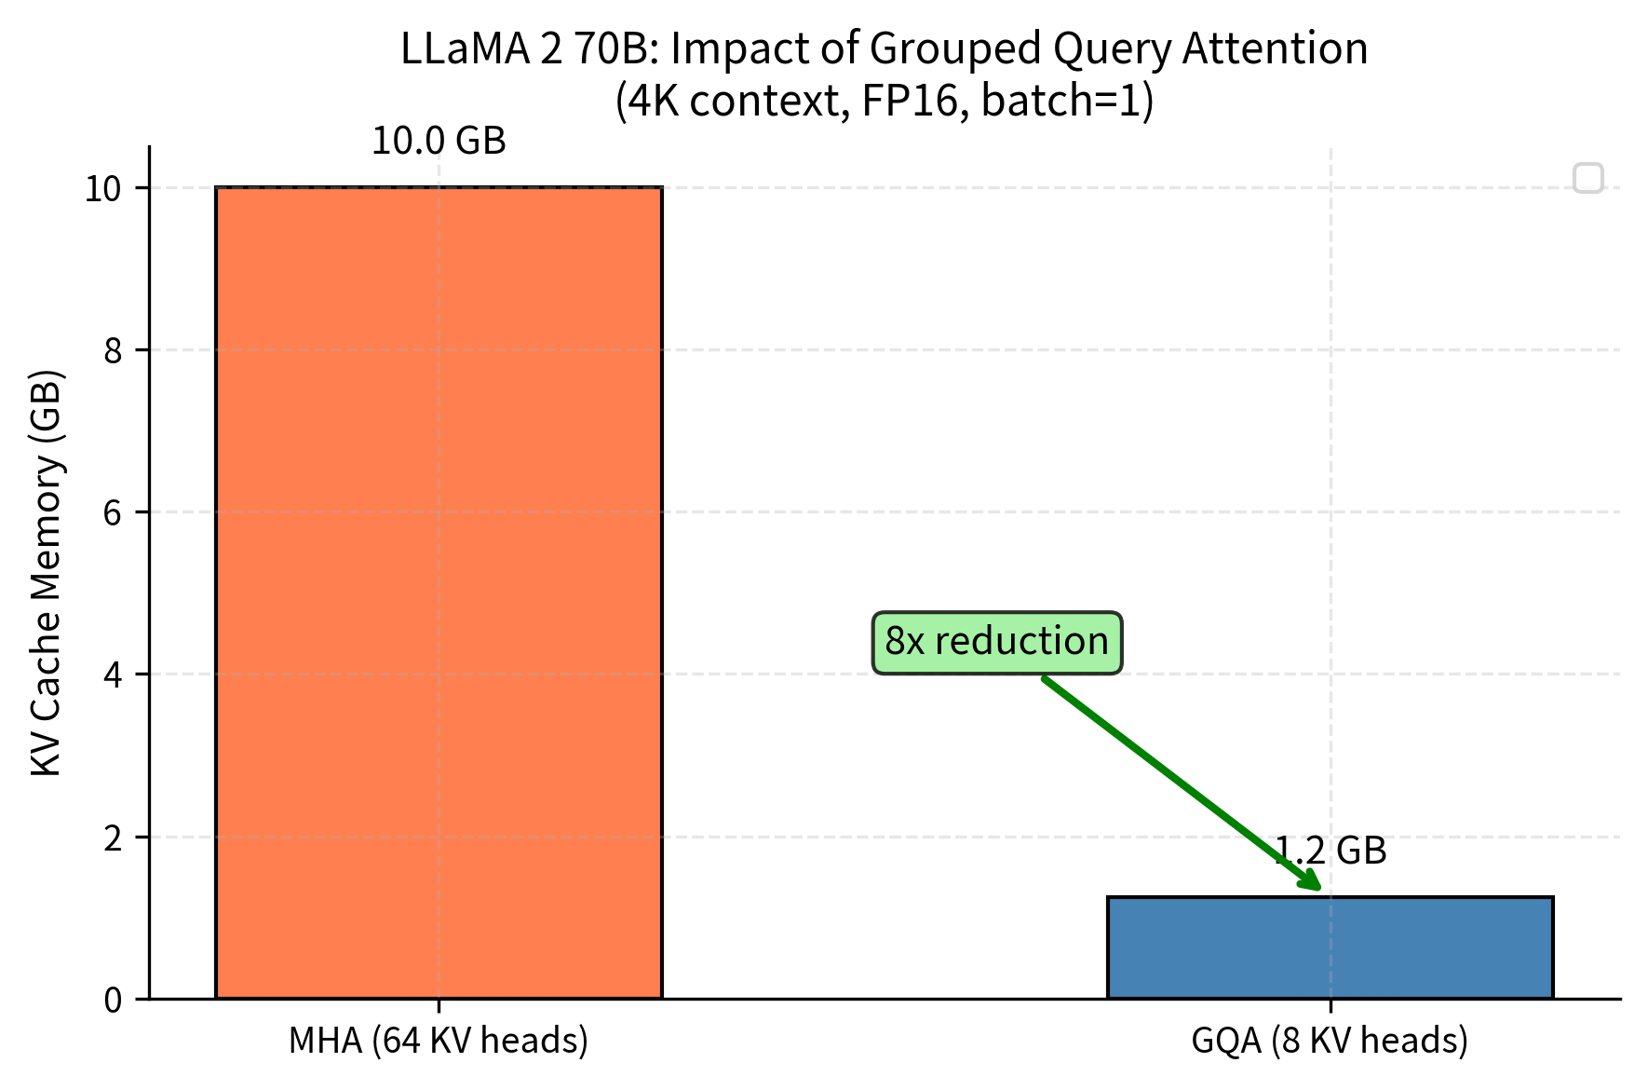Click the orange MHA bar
pyautogui.click(x=439, y=593)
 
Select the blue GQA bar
pyautogui.click(x=1330, y=947)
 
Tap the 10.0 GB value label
pyautogui.click(x=439, y=142)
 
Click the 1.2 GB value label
pyautogui.click(x=1330, y=851)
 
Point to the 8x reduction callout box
pyautogui.click(x=996, y=642)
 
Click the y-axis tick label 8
pyautogui.click(x=113, y=351)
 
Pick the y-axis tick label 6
pyautogui.click(x=113, y=513)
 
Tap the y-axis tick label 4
pyautogui.click(x=113, y=675)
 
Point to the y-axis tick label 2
pyautogui.click(x=113, y=838)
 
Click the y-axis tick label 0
pyautogui.click(x=113, y=1000)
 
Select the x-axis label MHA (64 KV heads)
pyautogui.click(x=439, y=1041)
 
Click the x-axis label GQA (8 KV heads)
pyautogui.click(x=1330, y=1041)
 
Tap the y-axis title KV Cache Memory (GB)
pyautogui.click(x=47, y=573)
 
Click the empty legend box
pyautogui.click(x=1587, y=178)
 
